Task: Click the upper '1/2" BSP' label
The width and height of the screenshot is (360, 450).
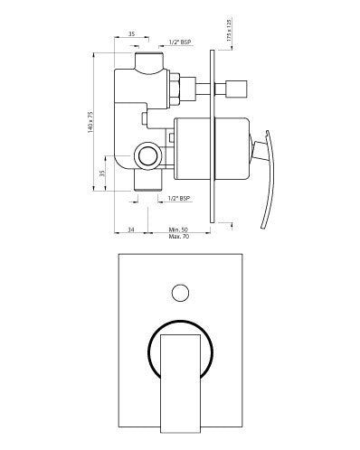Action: (x=179, y=42)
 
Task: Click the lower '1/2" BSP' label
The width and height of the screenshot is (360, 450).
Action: (x=179, y=197)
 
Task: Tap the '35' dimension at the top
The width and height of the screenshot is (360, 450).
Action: (x=132, y=33)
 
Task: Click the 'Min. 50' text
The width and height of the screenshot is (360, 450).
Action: (x=179, y=230)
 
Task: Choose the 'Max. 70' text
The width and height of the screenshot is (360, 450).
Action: (x=179, y=237)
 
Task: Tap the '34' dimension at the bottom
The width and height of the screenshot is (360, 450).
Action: (x=132, y=230)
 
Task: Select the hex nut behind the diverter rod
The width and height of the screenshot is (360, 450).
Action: (x=187, y=89)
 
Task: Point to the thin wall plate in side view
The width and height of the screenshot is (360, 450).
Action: (x=213, y=136)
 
